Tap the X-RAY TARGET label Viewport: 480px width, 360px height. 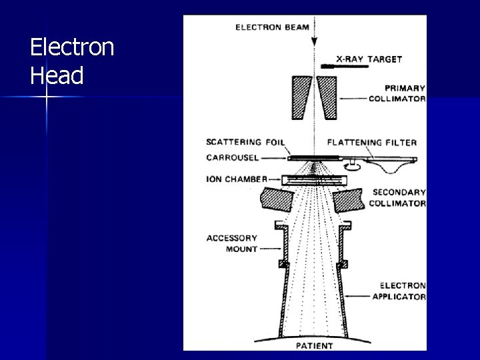(x=369, y=59)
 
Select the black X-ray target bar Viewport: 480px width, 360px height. (x=328, y=67)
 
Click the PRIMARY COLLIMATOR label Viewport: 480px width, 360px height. (x=397, y=93)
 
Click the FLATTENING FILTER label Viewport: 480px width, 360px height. (x=372, y=142)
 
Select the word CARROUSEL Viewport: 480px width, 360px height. (x=233, y=158)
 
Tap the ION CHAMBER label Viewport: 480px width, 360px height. (x=237, y=179)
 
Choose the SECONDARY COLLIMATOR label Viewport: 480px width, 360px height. (x=398, y=198)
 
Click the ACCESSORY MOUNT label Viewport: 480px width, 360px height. (x=231, y=243)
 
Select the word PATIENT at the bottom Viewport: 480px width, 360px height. (x=315, y=346)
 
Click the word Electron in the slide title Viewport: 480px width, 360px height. (x=72, y=48)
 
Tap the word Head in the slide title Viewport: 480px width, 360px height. (x=57, y=76)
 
